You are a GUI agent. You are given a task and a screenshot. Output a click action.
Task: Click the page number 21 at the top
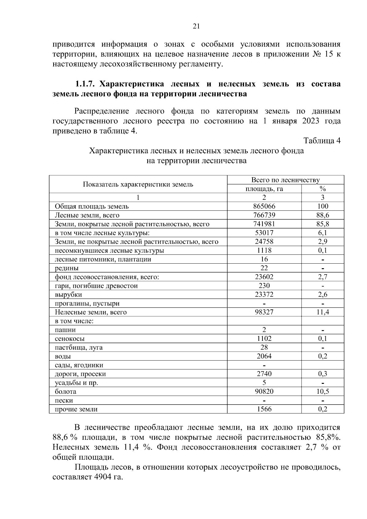pyautogui.click(x=196, y=26)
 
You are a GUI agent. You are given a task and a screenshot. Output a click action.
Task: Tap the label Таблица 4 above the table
pyautogui.click(x=322, y=141)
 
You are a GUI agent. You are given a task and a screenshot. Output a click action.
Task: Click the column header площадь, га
pyautogui.click(x=264, y=189)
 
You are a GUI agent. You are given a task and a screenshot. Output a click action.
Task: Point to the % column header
pyautogui.click(x=323, y=189)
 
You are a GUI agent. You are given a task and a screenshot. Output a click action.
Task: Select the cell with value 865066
pyautogui.click(x=264, y=206)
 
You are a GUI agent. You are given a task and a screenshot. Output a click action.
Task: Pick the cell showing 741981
pyautogui.click(x=264, y=224)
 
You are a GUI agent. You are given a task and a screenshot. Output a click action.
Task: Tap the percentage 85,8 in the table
pyautogui.click(x=323, y=224)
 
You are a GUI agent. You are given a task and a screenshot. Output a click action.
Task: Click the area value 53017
pyautogui.click(x=264, y=233)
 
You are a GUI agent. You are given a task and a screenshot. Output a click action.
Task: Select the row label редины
pyautogui.click(x=67, y=268)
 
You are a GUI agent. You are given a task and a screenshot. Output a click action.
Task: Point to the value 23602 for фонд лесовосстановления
pyautogui.click(x=264, y=277)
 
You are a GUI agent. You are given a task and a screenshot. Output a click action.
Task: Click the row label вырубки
pyautogui.click(x=69, y=295)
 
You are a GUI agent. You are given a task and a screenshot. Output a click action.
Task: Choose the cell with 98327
pyautogui.click(x=264, y=312)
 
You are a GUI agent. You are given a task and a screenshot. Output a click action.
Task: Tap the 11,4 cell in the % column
pyautogui.click(x=323, y=312)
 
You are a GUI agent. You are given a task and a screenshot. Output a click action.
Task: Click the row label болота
pyautogui.click(x=65, y=392)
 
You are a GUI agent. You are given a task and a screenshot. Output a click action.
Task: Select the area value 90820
pyautogui.click(x=264, y=391)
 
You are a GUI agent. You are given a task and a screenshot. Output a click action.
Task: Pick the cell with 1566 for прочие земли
pyautogui.click(x=264, y=409)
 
